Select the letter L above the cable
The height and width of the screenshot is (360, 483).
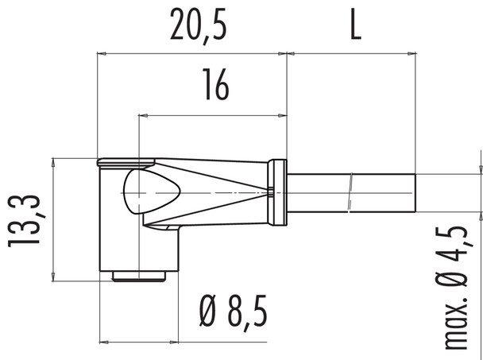tap(355, 27)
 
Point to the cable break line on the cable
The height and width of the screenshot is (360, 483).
tap(350, 192)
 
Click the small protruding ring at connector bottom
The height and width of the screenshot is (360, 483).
tap(138, 276)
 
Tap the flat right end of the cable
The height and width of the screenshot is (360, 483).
tap(414, 192)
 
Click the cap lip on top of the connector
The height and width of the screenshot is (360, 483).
tap(123, 162)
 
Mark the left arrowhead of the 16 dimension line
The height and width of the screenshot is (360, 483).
tap(143, 115)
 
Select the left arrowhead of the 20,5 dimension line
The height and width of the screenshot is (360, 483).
tap(101, 54)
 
